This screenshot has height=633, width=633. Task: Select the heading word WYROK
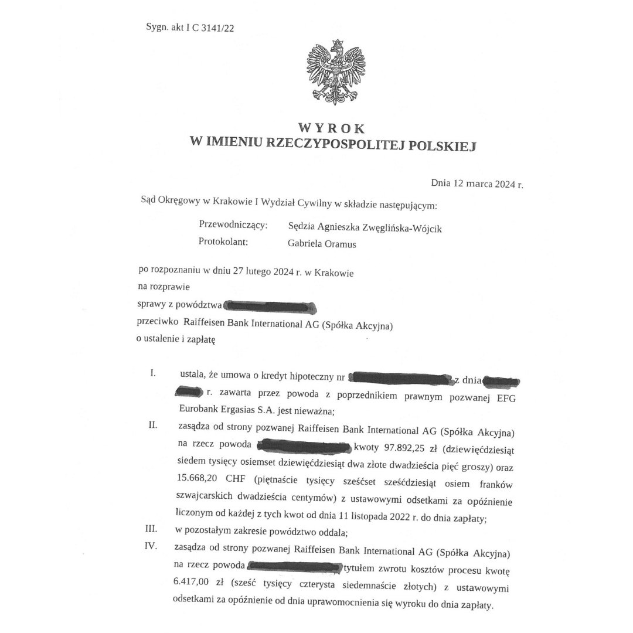(331, 128)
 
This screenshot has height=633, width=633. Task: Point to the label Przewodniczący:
(233, 225)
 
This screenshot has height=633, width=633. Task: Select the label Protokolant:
(223, 241)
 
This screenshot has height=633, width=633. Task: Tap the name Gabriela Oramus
(322, 244)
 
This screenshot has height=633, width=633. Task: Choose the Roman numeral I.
(153, 373)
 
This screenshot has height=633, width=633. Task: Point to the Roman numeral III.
(151, 529)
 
